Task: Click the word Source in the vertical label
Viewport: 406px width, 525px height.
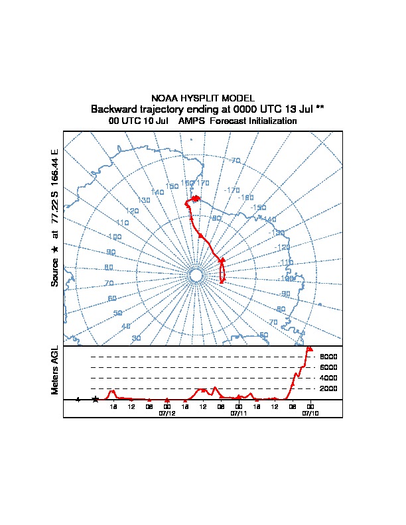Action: (56, 272)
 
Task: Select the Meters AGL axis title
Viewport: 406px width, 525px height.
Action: (56, 370)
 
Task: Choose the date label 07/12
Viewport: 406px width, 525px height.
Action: (167, 413)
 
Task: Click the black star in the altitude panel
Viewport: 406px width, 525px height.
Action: (96, 399)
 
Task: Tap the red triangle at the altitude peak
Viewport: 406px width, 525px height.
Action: (310, 348)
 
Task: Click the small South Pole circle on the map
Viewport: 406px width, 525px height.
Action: (196, 275)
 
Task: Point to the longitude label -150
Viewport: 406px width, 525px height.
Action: (259, 207)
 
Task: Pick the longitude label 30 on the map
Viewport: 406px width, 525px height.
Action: (137, 339)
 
